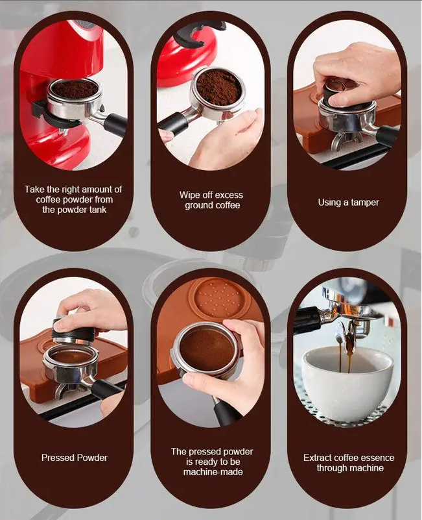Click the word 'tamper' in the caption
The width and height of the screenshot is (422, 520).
[364, 203]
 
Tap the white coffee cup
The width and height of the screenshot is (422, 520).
[348, 383]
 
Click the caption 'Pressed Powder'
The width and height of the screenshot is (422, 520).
[75, 458]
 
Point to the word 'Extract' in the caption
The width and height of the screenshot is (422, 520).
[318, 458]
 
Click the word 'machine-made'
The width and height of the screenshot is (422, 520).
[213, 472]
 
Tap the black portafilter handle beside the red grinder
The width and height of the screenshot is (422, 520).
[115, 125]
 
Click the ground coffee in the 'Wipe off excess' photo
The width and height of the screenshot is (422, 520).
[218, 87]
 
